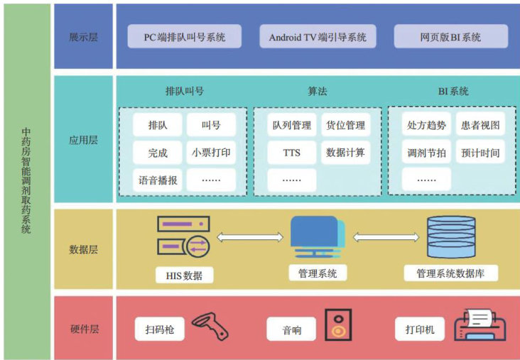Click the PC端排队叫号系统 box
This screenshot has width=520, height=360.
tap(184, 36)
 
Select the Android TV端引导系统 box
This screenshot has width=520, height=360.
tap(318, 36)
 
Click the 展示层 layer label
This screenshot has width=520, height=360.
tap(84, 36)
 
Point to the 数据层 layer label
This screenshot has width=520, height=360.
tap(84, 249)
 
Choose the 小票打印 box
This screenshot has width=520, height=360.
tap(211, 152)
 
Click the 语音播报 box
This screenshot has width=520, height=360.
tap(158, 180)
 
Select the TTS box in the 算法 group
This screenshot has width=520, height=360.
tap(291, 152)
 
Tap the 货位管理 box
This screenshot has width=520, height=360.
tap(345, 126)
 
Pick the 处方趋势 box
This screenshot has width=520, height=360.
tap(426, 126)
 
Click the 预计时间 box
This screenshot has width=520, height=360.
tap(480, 152)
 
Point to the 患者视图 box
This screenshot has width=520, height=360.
tap(480, 126)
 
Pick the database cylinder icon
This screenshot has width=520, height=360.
tap(450, 237)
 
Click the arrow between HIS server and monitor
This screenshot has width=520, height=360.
tap(245, 236)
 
